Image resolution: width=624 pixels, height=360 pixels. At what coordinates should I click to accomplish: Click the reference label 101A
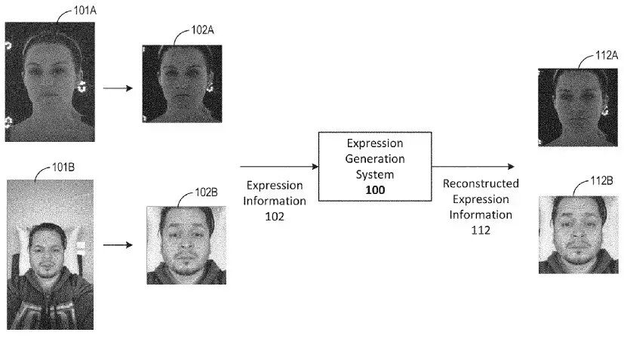tap(84, 11)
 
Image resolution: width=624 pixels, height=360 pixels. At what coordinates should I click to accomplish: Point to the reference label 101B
tap(63, 167)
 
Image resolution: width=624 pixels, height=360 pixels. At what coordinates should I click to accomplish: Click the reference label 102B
tap(205, 192)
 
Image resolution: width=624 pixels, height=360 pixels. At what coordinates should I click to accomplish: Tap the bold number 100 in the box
tap(375, 190)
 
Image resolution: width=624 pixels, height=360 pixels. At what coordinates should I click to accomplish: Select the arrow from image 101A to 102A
tap(118, 88)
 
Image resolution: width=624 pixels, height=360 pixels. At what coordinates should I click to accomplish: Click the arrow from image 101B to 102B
tap(118, 245)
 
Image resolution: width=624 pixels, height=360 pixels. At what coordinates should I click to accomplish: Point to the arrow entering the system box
tap(278, 166)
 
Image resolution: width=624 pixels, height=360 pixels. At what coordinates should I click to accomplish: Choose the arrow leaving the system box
tap(474, 166)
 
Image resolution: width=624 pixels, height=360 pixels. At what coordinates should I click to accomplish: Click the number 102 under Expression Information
tap(275, 217)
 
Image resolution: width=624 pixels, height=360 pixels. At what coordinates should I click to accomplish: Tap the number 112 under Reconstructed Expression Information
tap(481, 230)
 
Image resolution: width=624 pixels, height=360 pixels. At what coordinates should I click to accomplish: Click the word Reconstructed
tap(481, 183)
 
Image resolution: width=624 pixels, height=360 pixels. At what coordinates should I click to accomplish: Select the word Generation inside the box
tap(375, 159)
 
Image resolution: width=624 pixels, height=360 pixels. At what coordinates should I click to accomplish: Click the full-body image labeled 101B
tap(50, 254)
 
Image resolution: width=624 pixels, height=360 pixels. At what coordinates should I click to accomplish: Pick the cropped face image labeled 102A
tap(182, 83)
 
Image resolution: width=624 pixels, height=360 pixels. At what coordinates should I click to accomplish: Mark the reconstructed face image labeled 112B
tap(573, 234)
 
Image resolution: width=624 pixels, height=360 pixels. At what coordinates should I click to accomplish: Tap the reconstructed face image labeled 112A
tap(573, 106)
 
